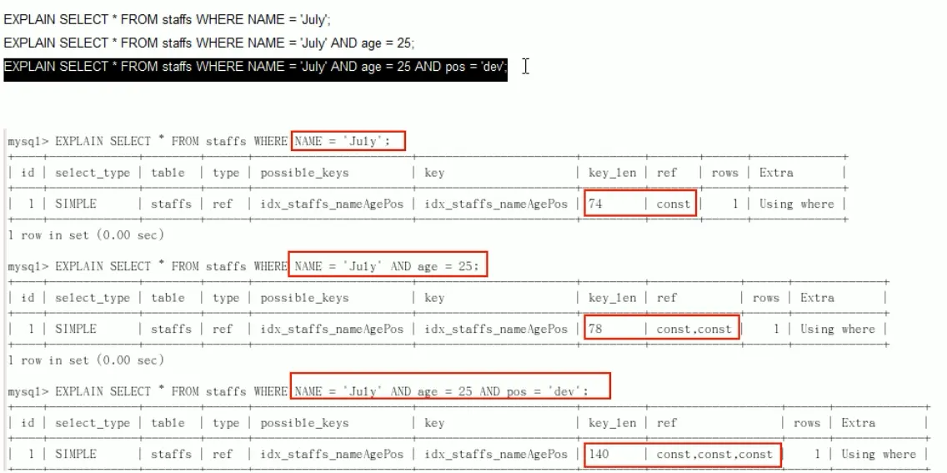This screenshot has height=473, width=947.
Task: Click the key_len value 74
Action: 595,204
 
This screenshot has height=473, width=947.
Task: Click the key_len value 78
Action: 595,329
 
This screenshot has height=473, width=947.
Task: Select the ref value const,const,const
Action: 714,454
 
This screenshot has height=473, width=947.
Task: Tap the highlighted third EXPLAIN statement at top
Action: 255,66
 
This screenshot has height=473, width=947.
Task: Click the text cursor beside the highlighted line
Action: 526,66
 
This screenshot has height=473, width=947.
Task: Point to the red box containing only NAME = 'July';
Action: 348,141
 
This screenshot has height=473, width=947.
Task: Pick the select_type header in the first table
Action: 93,173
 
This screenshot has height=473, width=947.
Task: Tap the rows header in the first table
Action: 724,173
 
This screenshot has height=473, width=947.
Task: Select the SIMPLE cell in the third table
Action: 76,454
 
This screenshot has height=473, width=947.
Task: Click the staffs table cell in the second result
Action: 171,329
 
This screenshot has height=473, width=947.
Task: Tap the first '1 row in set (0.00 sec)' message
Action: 85,235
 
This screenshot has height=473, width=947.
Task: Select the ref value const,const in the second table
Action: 694,329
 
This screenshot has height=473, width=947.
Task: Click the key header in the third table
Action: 434,423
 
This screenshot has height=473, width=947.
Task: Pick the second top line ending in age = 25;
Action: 208,43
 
